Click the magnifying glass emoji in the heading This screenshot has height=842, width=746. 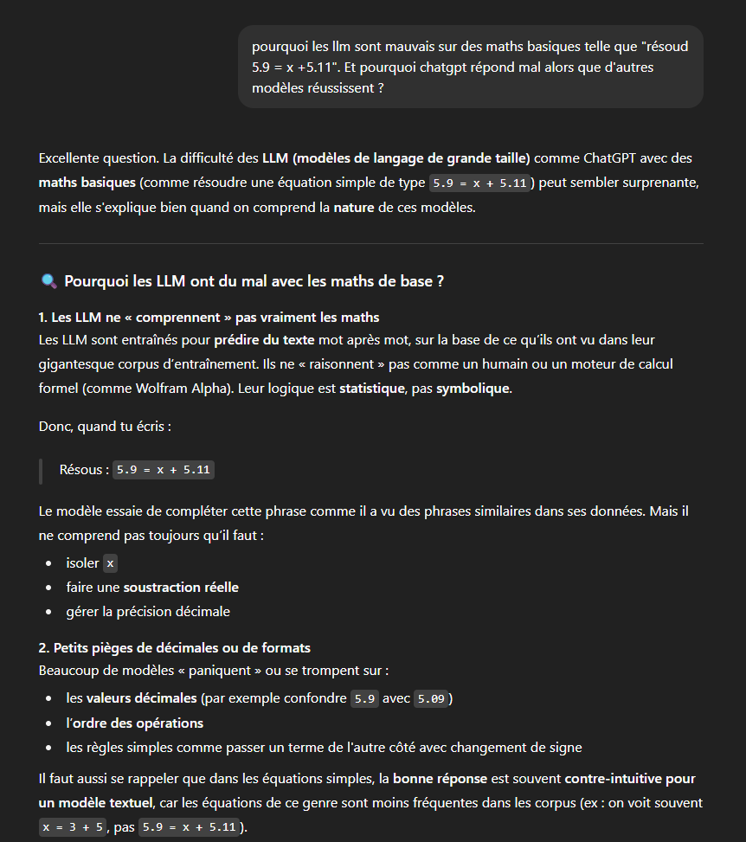coord(49,281)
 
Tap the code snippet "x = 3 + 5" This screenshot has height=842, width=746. coord(74,826)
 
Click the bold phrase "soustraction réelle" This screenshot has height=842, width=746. coord(181,588)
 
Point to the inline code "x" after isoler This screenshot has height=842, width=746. coord(110,563)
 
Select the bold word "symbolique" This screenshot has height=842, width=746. coord(473,388)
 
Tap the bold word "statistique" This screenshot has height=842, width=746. coord(372,388)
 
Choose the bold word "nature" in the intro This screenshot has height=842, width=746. coord(354,208)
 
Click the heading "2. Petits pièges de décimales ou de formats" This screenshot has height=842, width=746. coord(174,647)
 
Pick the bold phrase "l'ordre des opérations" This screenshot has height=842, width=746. coord(134,723)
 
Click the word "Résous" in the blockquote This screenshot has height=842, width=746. coord(83,470)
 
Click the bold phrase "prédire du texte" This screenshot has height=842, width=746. coord(266,339)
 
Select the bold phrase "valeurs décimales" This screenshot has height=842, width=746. coord(142,698)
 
